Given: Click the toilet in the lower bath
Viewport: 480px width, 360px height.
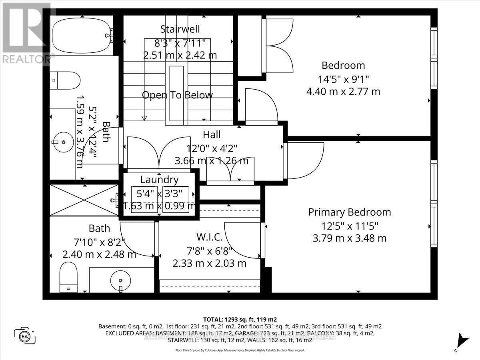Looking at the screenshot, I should pyautogui.click(x=68, y=277).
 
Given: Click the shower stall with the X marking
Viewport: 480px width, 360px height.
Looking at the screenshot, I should pyautogui.click(x=84, y=200).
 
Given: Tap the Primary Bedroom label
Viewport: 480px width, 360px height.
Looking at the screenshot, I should pyautogui.click(x=349, y=212).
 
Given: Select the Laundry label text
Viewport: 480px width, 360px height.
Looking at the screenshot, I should pyautogui.click(x=159, y=180).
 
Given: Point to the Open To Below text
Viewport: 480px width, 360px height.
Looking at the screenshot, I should pyautogui.click(x=177, y=95).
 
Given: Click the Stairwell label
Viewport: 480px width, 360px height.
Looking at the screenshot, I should pyautogui.click(x=180, y=29).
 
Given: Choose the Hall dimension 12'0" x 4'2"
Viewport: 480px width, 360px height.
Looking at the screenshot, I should pyautogui.click(x=212, y=148).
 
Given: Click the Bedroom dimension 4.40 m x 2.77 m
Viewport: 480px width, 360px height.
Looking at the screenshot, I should pyautogui.click(x=343, y=92).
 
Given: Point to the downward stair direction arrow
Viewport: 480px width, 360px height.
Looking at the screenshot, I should pyautogui.click(x=144, y=117).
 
